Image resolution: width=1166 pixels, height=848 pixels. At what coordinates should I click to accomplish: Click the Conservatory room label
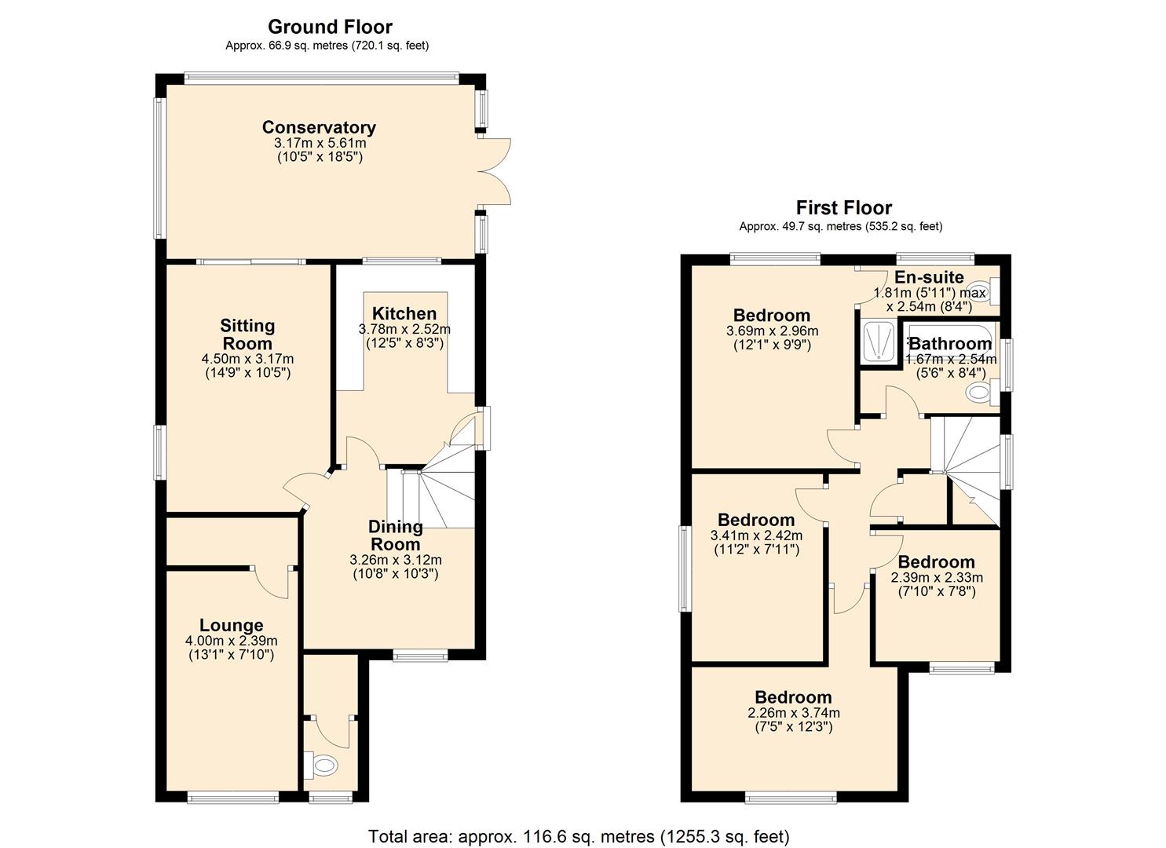[x=319, y=127]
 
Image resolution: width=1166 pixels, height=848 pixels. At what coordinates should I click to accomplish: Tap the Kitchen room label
[x=404, y=313]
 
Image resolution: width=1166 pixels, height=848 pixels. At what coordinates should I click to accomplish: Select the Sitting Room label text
[x=247, y=334]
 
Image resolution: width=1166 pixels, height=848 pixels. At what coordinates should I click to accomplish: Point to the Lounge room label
[x=231, y=625]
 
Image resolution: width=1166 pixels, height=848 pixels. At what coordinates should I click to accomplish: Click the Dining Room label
[x=396, y=535]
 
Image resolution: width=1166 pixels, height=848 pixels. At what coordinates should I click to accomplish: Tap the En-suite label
[x=929, y=277]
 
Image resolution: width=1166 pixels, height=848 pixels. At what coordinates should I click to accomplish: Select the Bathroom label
[x=950, y=344]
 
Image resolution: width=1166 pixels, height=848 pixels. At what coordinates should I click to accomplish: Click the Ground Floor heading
[x=330, y=27]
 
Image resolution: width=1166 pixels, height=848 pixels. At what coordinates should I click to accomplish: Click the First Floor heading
[x=843, y=208]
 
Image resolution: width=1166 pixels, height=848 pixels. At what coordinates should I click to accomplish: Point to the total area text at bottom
[x=579, y=836]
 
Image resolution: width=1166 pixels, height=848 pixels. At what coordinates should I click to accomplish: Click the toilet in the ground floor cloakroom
[x=323, y=764]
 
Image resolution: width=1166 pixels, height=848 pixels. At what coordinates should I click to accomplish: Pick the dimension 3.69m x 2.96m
[x=772, y=331]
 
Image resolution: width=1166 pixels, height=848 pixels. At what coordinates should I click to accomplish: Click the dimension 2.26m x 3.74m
[x=794, y=713]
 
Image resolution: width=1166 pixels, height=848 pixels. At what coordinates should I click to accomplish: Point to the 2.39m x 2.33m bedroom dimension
[x=936, y=577]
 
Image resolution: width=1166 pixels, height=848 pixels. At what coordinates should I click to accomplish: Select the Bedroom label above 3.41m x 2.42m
[x=756, y=520]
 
